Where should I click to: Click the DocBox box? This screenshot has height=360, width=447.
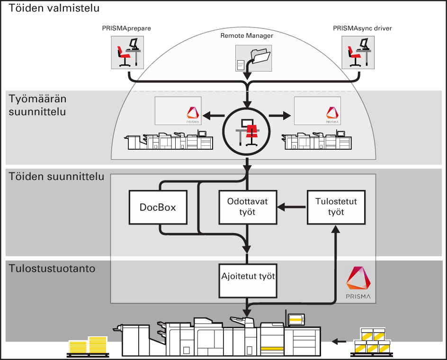pyautogui.click(x=158, y=207)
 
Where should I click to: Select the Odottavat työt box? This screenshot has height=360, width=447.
pyautogui.click(x=248, y=207)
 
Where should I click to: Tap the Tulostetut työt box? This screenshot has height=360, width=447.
pyautogui.click(x=336, y=207)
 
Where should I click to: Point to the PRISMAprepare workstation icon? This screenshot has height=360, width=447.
pyautogui.click(x=126, y=52)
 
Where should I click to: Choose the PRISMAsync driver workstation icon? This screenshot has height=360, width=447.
pyautogui.click(x=358, y=52)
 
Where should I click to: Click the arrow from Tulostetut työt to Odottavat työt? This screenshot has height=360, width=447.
pyautogui.click(x=292, y=207)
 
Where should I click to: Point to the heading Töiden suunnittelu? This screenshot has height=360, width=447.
pyautogui.click(x=56, y=177)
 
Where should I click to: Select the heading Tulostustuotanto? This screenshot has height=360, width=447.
pyautogui.click(x=52, y=269)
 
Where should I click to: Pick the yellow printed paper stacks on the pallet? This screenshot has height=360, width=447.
pyautogui.click(x=88, y=345)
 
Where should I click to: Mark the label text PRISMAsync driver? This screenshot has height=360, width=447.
pyautogui.click(x=362, y=28)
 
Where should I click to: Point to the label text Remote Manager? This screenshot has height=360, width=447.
pyautogui.click(x=247, y=35)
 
